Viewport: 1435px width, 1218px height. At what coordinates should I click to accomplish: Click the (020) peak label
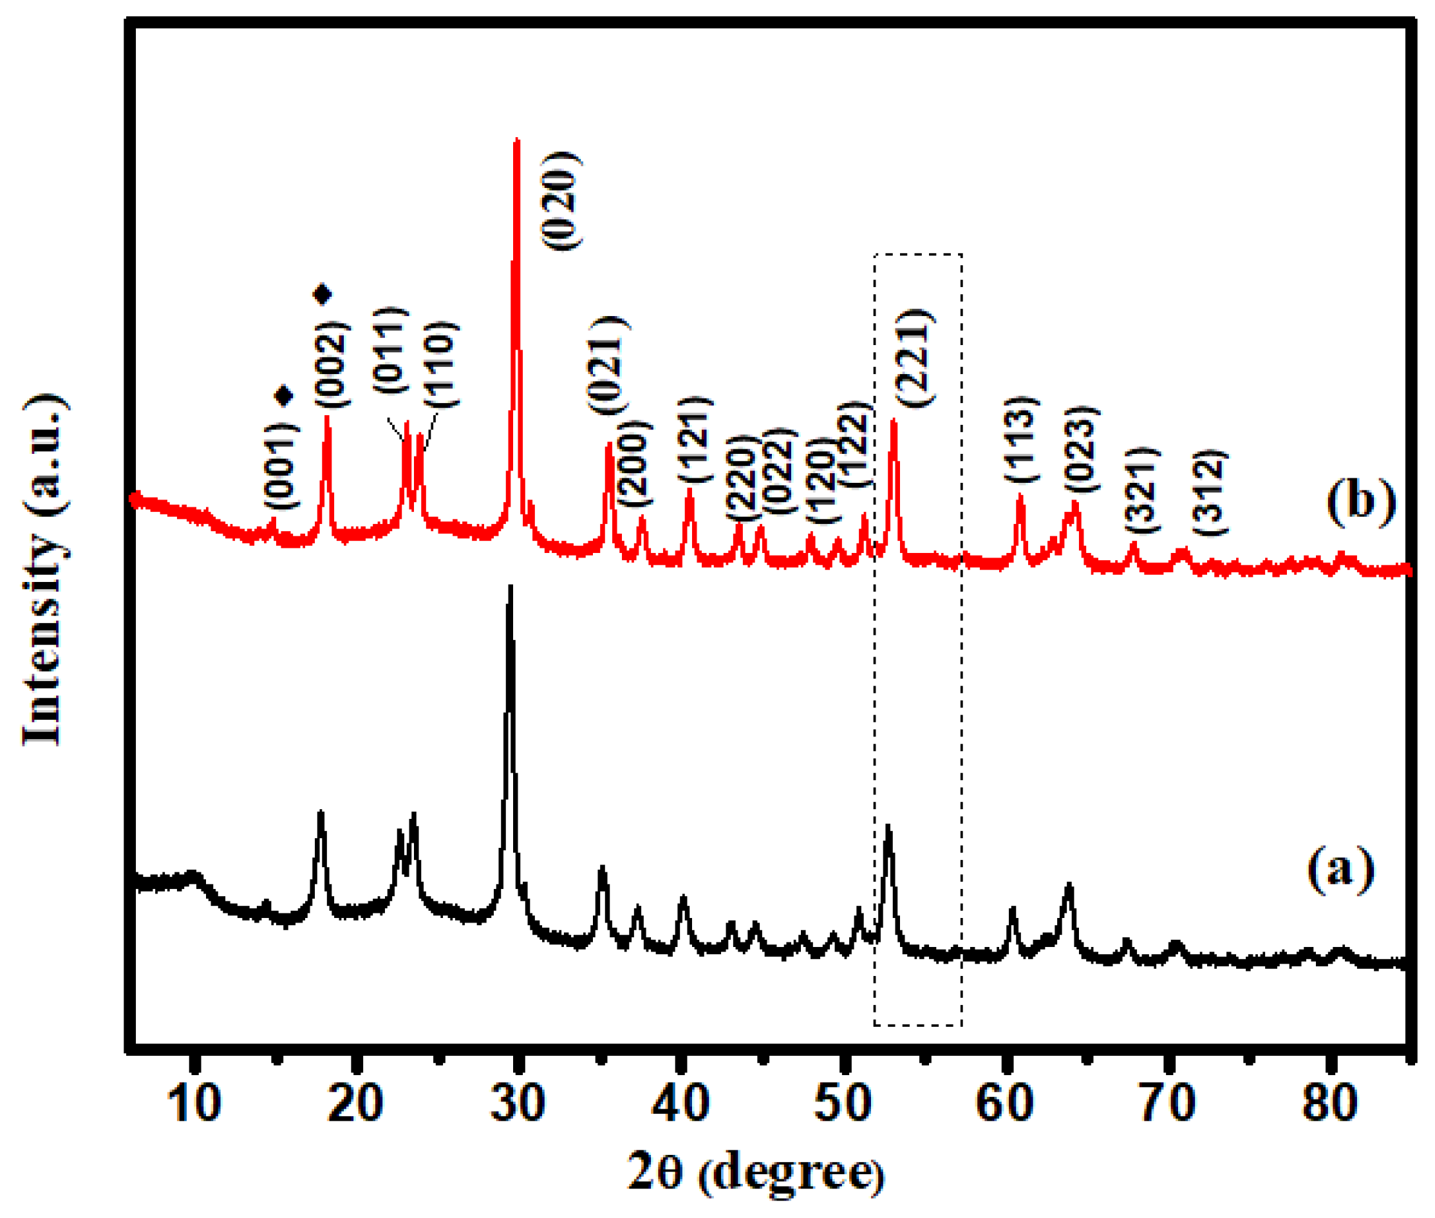click(561, 200)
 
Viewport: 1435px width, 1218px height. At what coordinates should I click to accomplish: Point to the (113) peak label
click(1020, 439)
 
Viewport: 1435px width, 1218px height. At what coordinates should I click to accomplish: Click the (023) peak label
click(1081, 449)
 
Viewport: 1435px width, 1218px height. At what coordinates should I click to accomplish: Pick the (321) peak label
click(1143, 491)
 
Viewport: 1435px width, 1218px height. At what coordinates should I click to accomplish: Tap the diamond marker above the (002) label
click(323, 295)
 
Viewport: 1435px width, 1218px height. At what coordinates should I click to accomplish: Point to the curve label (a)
click(1340, 868)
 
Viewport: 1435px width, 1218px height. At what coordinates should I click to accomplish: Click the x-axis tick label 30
click(517, 1103)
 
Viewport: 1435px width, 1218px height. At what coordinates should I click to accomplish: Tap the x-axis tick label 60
click(1005, 1103)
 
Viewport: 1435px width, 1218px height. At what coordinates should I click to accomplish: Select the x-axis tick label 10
click(194, 1103)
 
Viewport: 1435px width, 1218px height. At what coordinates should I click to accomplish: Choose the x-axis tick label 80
click(1329, 1103)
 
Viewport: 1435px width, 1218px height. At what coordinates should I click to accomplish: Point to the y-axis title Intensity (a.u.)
click(45, 570)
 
